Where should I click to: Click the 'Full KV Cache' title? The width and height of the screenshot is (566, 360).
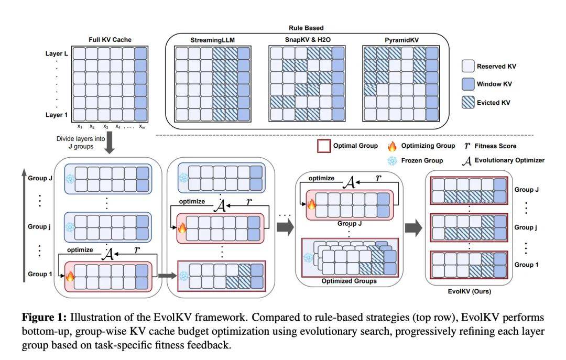(x=110, y=40)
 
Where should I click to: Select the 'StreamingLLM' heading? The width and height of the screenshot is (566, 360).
(x=213, y=40)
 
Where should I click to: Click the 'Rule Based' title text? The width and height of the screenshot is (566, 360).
(x=306, y=27)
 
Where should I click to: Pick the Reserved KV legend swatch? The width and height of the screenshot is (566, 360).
(x=467, y=66)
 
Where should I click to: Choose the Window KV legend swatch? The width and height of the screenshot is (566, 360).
(x=467, y=84)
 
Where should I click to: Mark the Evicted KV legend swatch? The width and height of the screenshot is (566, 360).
(x=467, y=103)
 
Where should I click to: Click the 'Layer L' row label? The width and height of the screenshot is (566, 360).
(x=57, y=53)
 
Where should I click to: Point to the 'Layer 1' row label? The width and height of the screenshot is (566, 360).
(x=57, y=114)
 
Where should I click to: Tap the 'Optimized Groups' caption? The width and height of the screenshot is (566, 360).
(x=349, y=281)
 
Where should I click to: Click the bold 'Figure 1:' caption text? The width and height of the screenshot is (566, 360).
(x=45, y=318)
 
